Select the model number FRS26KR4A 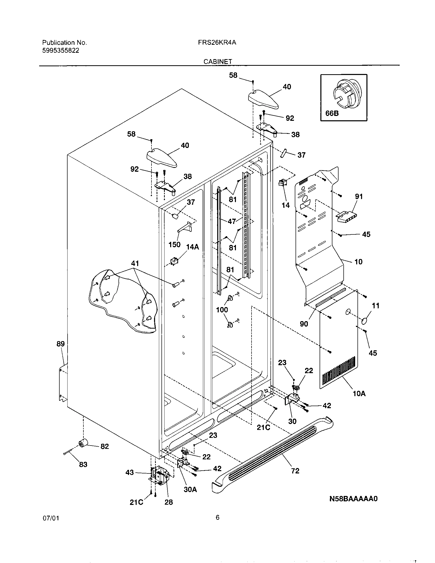[217, 43]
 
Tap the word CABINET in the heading [218, 62]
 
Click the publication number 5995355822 [61, 50]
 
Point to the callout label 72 [295, 471]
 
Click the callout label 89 [61, 344]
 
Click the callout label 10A [359, 394]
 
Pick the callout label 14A [192, 247]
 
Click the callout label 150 [174, 245]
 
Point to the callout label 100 [222, 310]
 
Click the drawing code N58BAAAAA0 [353, 506]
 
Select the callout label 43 [130, 472]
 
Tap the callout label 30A [190, 490]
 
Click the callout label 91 [359, 197]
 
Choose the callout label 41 [135, 263]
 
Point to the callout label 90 [304, 324]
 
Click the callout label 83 [83, 464]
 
